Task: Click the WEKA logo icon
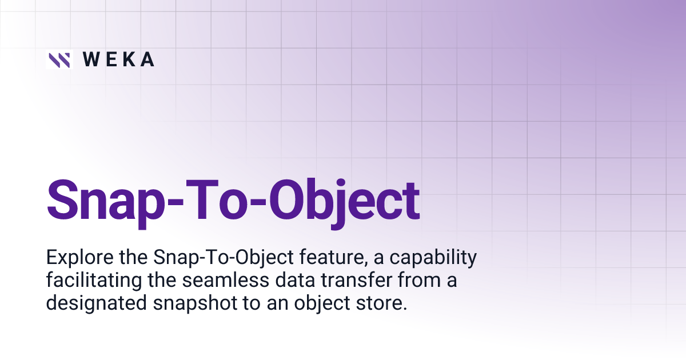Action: (x=59, y=60)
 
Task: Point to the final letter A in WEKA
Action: (x=147, y=60)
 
